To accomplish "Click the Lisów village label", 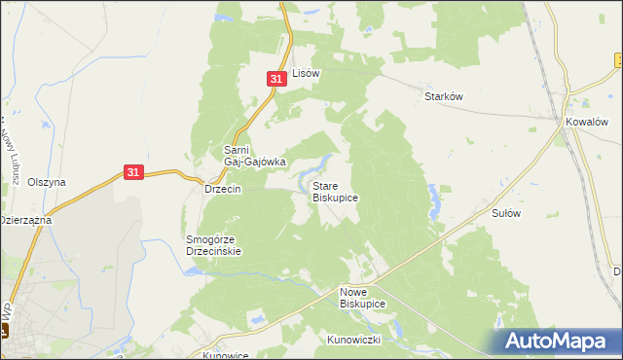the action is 307,73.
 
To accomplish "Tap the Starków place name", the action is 442,96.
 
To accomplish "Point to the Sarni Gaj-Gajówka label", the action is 255,156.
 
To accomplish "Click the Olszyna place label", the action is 46,182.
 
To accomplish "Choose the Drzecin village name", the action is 222,189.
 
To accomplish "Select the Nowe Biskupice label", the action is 362,298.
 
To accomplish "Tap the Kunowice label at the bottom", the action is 226,355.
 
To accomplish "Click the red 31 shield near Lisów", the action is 276,78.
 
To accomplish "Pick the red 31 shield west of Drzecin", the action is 135,172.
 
